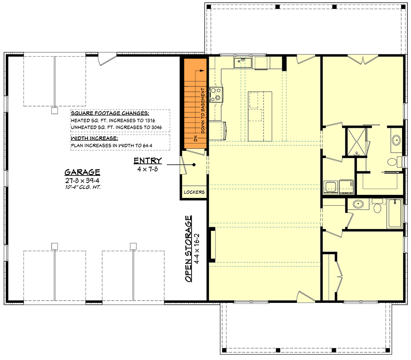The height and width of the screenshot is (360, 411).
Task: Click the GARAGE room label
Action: [x=82, y=172]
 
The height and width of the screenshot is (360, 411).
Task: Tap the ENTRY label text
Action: [x=147, y=161]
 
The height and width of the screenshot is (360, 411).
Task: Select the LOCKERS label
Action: [x=194, y=192]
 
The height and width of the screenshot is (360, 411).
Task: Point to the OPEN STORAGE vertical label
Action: [x=189, y=249]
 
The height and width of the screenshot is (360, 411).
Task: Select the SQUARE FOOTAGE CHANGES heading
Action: [x=110, y=113]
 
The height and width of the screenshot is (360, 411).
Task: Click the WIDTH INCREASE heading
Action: [x=94, y=138]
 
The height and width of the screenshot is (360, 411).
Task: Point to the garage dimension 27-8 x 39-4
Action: [x=82, y=180]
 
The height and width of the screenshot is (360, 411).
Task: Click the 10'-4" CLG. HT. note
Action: [x=82, y=186]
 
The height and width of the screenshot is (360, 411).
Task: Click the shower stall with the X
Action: [x=356, y=141]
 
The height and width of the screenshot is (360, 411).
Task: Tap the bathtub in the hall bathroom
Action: [x=395, y=214]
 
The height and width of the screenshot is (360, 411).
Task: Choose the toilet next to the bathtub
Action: [x=377, y=207]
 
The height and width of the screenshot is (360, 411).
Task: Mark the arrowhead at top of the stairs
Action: [x=205, y=71]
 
